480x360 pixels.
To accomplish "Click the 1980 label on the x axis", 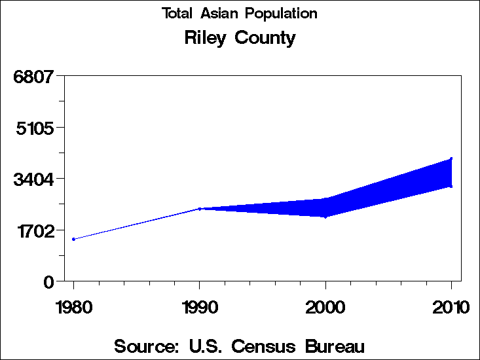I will [x=73, y=306].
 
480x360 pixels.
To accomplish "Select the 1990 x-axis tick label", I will [x=199, y=306].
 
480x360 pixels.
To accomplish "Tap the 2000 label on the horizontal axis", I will [x=325, y=306].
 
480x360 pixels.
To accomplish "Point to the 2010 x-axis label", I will [x=451, y=306].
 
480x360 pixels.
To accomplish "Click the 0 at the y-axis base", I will [x=48, y=282].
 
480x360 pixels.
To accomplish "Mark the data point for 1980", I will [x=73, y=239].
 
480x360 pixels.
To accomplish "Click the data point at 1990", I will [x=200, y=209].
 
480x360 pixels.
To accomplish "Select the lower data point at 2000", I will [x=325, y=216].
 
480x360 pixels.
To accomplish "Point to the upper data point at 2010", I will [x=451, y=158].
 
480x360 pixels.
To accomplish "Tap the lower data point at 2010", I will [x=451, y=186].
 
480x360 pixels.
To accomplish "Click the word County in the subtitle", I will [x=265, y=38].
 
